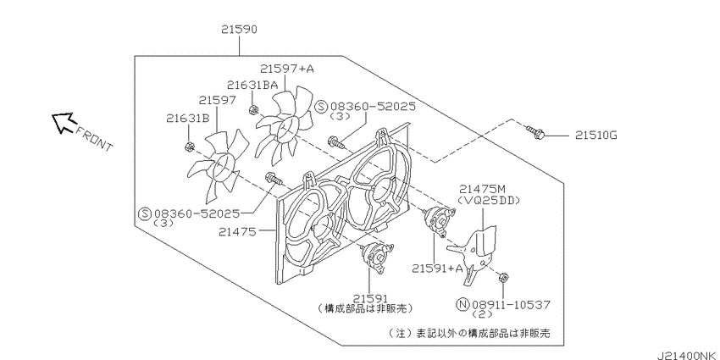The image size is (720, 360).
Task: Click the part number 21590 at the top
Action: [x=239, y=30]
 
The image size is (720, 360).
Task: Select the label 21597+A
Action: [x=286, y=69]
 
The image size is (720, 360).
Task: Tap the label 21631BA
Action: [x=252, y=85]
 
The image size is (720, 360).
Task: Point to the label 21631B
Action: [x=188, y=119]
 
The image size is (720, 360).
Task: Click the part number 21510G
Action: [x=595, y=136]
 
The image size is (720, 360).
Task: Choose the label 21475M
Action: [x=482, y=189]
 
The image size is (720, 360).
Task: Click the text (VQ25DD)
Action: [x=489, y=200]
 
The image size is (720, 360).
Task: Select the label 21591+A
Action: [x=438, y=269]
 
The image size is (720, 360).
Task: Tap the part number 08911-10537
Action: [x=510, y=304]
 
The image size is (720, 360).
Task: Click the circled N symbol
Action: [x=462, y=304]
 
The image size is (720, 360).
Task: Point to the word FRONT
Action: [x=93, y=140]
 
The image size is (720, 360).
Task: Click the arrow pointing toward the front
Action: [x=63, y=123]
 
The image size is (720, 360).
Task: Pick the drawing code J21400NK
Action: [x=688, y=355]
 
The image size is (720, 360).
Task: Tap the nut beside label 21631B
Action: [x=188, y=147]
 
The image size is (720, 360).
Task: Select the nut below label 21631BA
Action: [x=252, y=110]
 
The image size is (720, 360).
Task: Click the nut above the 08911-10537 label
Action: [x=502, y=277]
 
